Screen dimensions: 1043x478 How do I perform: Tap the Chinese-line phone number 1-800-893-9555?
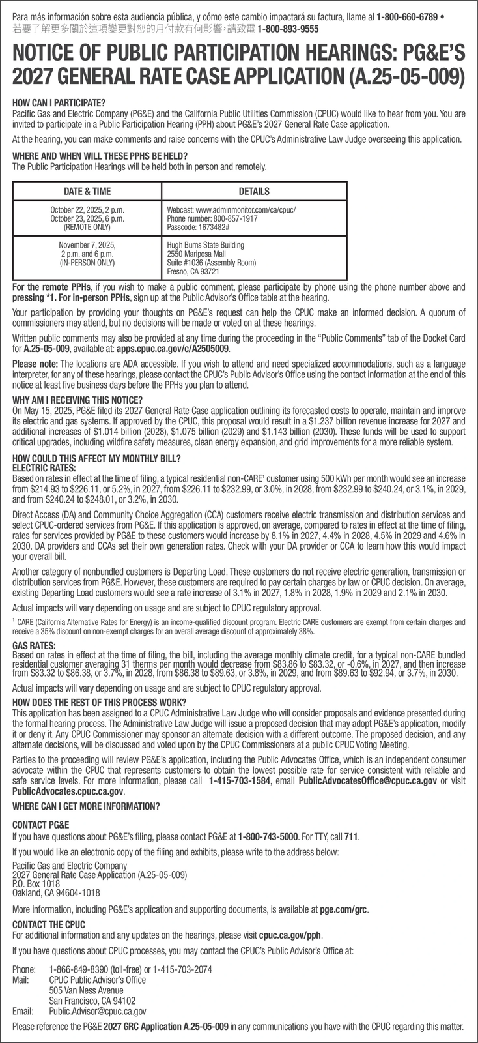[288, 29]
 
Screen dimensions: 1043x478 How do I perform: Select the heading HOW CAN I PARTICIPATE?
[59, 103]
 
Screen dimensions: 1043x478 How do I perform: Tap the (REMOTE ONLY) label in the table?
[87, 228]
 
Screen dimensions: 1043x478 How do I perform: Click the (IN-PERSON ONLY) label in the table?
[87, 263]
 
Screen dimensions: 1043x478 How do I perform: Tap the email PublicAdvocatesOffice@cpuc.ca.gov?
[367, 782]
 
